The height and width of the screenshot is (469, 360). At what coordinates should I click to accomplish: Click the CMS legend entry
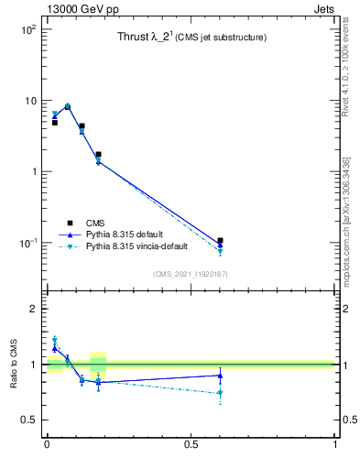[95, 222]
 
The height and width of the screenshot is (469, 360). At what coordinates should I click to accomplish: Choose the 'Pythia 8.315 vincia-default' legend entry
[136, 247]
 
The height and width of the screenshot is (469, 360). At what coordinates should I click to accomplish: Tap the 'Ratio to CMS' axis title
[14, 365]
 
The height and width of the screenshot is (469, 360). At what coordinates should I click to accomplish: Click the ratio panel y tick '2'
[32, 309]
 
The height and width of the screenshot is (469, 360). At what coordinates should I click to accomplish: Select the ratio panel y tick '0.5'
[27, 420]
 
